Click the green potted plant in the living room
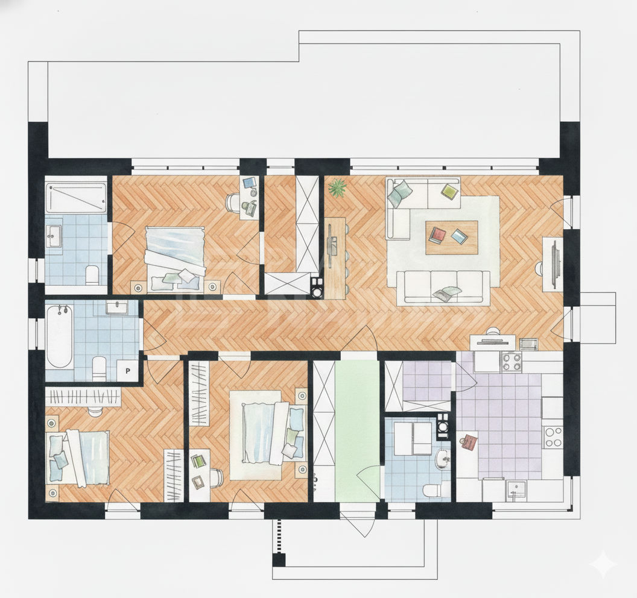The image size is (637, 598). [338, 188]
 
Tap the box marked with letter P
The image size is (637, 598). [128, 371]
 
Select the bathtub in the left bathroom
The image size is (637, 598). [59, 336]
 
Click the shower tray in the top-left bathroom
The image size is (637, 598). [75, 198]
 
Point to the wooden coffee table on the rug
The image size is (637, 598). [452, 238]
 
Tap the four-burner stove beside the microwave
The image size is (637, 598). [512, 362]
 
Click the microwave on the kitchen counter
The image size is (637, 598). [529, 344]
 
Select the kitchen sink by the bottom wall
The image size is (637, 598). [515, 491]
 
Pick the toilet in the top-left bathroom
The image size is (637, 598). [93, 274]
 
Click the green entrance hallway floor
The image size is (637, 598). [358, 430]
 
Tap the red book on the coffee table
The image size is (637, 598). [438, 235]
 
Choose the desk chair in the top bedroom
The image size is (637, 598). [233, 202]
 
